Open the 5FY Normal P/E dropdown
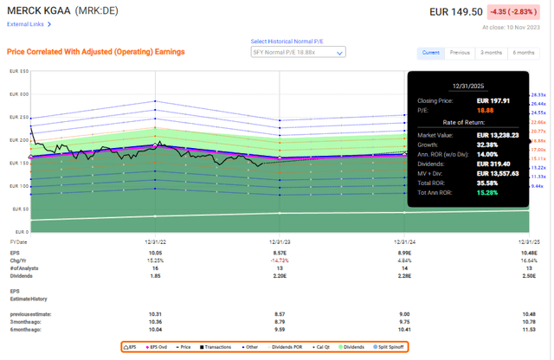[x=297, y=52]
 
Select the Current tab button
[x=430, y=52]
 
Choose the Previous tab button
[x=461, y=52]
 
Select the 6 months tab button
[x=524, y=52]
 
